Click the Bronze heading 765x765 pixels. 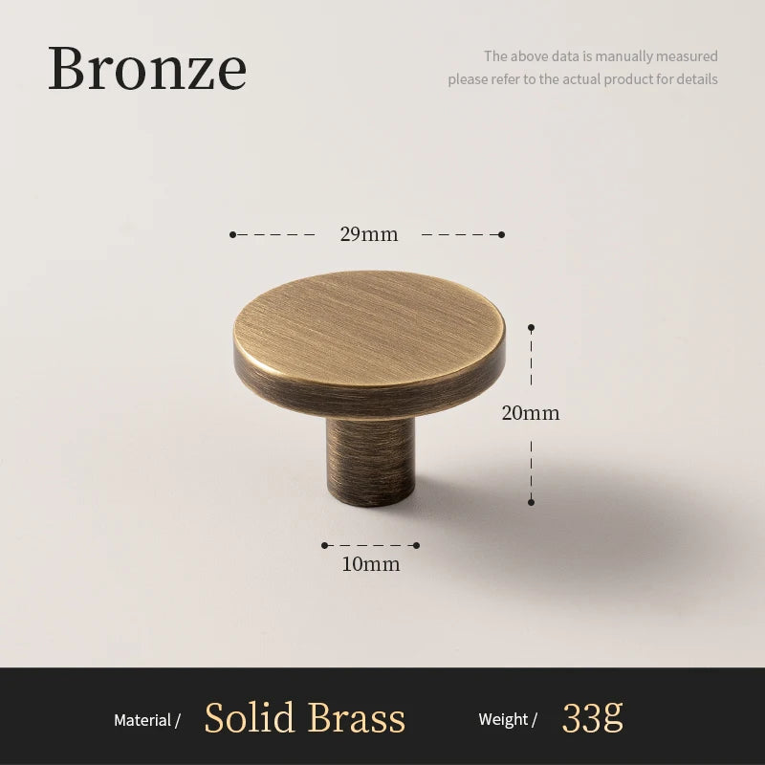[147, 68]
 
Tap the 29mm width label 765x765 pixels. [369, 234]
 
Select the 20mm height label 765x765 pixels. [531, 413]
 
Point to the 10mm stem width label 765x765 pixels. [371, 564]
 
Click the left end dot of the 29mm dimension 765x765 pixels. [232, 234]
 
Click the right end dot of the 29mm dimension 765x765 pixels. [501, 234]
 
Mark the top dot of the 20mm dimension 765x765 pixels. [532, 327]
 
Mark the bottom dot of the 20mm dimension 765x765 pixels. [532, 502]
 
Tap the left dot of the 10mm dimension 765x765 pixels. [324, 545]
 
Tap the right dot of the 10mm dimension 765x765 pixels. [416, 545]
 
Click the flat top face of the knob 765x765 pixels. [368, 325]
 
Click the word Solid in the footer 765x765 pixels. [250, 718]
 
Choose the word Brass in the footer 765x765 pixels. [357, 718]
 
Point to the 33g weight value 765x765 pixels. [592, 718]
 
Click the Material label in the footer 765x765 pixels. [142, 720]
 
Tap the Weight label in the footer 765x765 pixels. [503, 719]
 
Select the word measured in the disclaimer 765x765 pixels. [687, 56]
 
